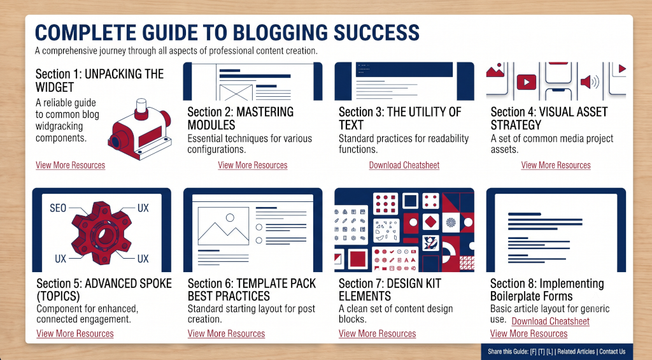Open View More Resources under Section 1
70,165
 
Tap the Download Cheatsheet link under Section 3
404,165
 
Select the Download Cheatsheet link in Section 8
551,321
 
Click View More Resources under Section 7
377,334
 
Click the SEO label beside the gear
58,208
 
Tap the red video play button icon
527,82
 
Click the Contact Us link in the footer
612,352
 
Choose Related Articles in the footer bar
576,352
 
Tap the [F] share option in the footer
534,352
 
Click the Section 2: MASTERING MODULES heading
240,119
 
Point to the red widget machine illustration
139,130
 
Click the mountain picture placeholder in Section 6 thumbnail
223,226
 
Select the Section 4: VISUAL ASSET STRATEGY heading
549,119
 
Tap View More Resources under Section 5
75,334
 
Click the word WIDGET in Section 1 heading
55,87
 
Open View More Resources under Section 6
226,334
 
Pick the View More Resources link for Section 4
556,165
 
